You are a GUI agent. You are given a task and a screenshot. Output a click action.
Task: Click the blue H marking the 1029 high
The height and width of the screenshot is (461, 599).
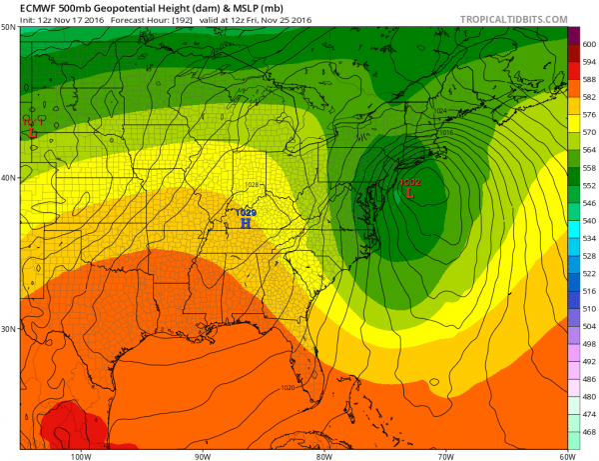pos(245,223)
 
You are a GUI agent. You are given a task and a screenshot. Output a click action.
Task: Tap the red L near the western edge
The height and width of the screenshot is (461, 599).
pos(33,131)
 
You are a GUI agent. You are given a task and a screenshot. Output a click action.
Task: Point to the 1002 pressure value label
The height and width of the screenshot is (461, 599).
pos(409,183)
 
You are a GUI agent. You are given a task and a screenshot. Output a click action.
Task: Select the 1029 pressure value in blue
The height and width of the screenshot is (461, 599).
pos(246,212)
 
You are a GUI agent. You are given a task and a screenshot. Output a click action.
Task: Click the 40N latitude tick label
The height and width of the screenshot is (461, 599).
pos(8,178)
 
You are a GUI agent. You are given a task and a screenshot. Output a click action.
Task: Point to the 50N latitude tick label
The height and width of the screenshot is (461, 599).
pos(8,27)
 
